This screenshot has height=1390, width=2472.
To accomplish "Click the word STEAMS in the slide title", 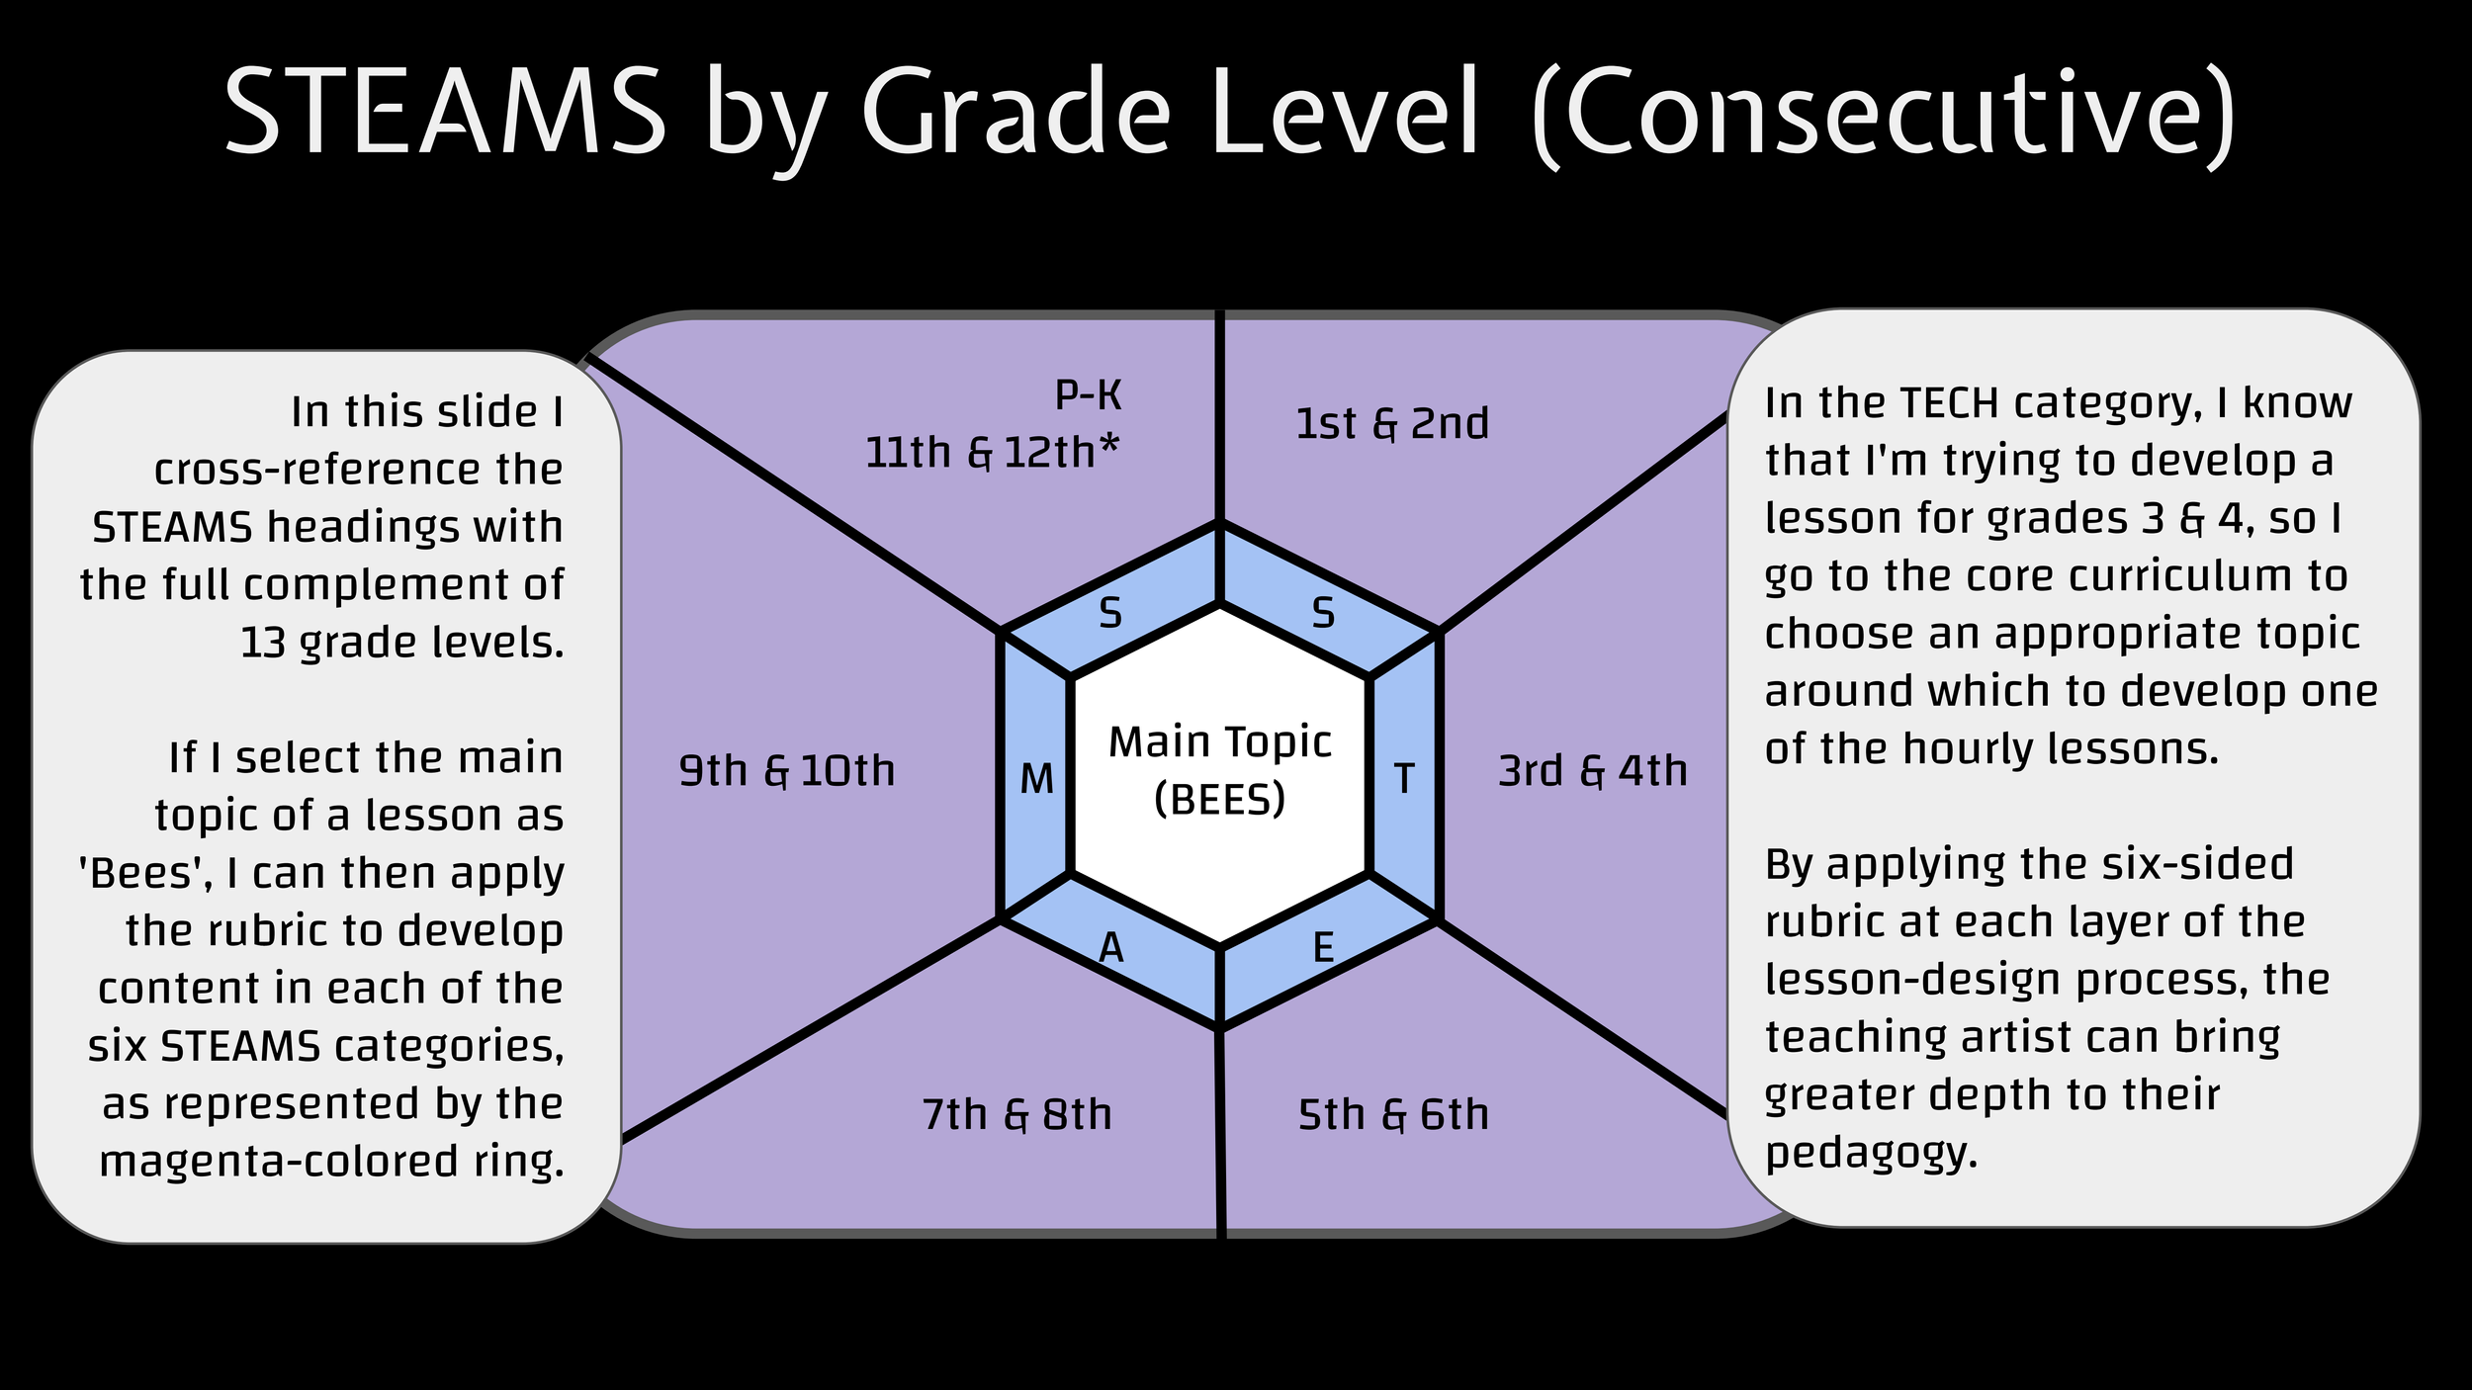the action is point(445,112).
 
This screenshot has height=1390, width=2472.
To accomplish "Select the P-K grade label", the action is point(1088,395).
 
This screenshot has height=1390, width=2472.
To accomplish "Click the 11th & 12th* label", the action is point(992,453).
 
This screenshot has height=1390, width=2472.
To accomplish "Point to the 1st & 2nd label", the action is point(1392,423).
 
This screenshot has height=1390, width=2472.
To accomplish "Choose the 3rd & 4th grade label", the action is point(1592,771).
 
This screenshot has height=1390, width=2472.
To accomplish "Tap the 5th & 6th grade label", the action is point(1393,1115).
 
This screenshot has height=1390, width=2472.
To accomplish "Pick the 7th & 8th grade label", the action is point(1016,1115).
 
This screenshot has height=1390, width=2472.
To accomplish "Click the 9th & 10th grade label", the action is point(786,771).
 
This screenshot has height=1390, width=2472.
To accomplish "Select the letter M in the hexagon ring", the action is point(1036,780).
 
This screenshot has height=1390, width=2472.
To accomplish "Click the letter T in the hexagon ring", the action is point(1404,779).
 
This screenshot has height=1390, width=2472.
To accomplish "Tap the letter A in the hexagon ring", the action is point(1111,949).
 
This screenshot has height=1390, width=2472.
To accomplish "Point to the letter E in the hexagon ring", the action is point(1323,949).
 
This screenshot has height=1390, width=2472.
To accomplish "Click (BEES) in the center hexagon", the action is point(1219,799).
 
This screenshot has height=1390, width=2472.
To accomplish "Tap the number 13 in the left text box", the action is point(262,644).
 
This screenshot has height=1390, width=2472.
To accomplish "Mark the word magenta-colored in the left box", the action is point(279,1162).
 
